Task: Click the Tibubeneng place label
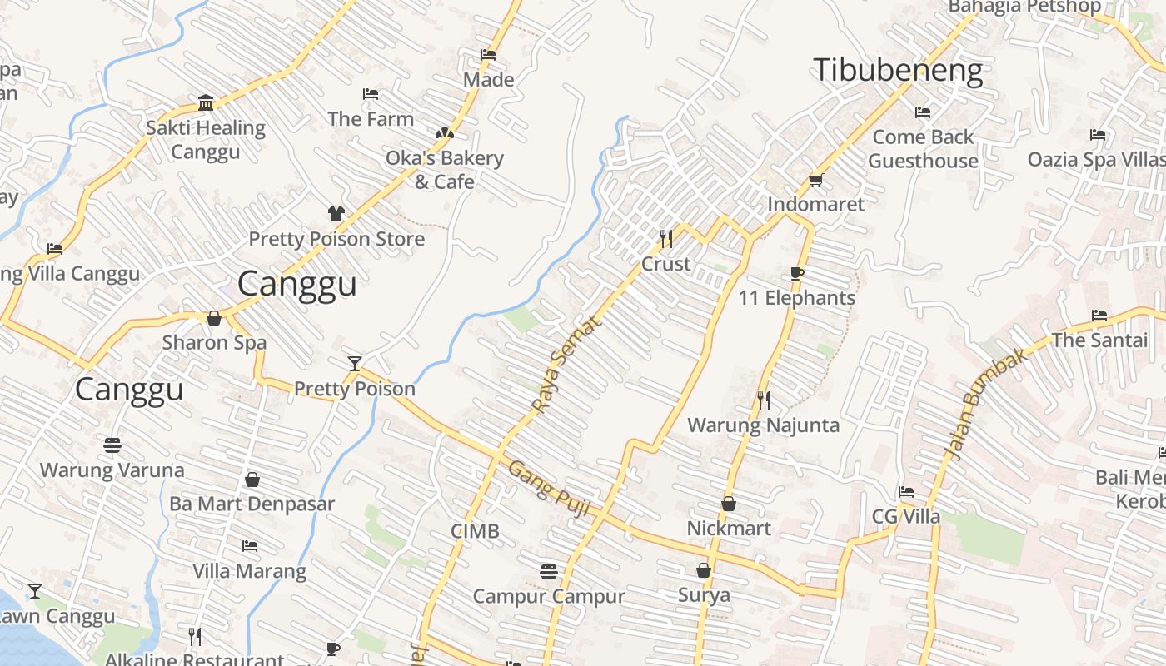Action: (898, 71)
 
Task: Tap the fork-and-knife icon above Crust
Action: (666, 239)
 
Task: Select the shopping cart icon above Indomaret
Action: (815, 181)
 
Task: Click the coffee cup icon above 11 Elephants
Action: (797, 274)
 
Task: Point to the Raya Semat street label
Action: (566, 366)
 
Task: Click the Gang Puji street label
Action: (549, 491)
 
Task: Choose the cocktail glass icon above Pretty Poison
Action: (355, 364)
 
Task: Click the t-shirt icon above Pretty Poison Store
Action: (336, 214)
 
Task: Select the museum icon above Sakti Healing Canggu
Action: (206, 103)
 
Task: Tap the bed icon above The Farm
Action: (371, 94)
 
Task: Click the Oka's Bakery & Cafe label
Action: (445, 170)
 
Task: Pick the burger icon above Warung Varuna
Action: (112, 445)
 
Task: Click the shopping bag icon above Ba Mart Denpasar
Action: (252, 480)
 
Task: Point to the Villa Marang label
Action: (250, 571)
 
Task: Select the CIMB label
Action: (475, 531)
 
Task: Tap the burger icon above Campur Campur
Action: (548, 571)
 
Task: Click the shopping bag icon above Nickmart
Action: (729, 504)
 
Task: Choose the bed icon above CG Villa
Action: (906, 492)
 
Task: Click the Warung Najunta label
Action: (763, 425)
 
